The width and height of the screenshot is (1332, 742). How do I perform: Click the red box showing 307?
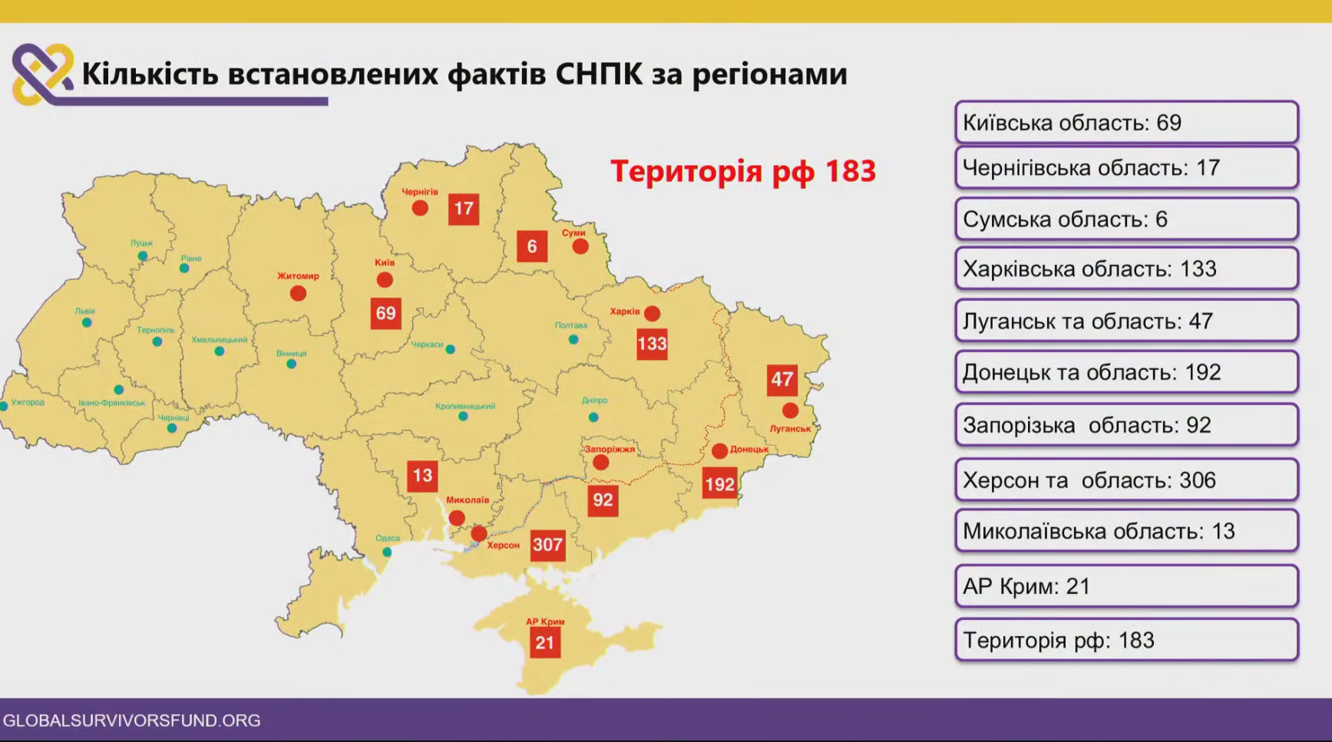click(x=547, y=545)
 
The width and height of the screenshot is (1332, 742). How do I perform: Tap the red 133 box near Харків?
click(x=652, y=344)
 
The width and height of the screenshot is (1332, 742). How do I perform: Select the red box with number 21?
click(x=545, y=642)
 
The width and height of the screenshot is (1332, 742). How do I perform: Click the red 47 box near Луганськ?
click(x=782, y=380)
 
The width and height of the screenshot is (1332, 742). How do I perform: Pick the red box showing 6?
click(x=532, y=246)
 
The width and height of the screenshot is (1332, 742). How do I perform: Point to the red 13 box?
click(x=422, y=476)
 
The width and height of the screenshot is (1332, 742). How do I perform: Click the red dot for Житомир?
click(x=298, y=293)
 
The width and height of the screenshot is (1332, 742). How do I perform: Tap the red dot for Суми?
click(x=580, y=246)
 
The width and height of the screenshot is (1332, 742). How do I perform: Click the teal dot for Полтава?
click(x=573, y=339)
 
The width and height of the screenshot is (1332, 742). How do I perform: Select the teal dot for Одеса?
click(x=387, y=552)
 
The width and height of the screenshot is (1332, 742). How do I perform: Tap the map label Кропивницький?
click(x=465, y=406)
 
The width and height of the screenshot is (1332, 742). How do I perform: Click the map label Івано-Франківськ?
click(x=111, y=403)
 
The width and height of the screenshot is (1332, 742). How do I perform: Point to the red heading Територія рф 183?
click(x=743, y=171)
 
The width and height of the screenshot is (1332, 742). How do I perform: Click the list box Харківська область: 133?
click(x=1126, y=269)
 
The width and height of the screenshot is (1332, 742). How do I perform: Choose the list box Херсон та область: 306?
click(x=1126, y=480)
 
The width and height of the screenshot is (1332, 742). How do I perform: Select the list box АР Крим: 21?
click(x=1126, y=586)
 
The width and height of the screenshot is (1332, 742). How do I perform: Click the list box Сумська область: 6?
click(x=1126, y=219)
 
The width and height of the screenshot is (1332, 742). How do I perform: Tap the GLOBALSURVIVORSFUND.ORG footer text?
click(x=132, y=721)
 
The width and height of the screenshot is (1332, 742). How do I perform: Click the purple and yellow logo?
click(x=43, y=74)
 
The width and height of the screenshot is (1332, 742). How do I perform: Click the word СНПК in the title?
click(x=599, y=74)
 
